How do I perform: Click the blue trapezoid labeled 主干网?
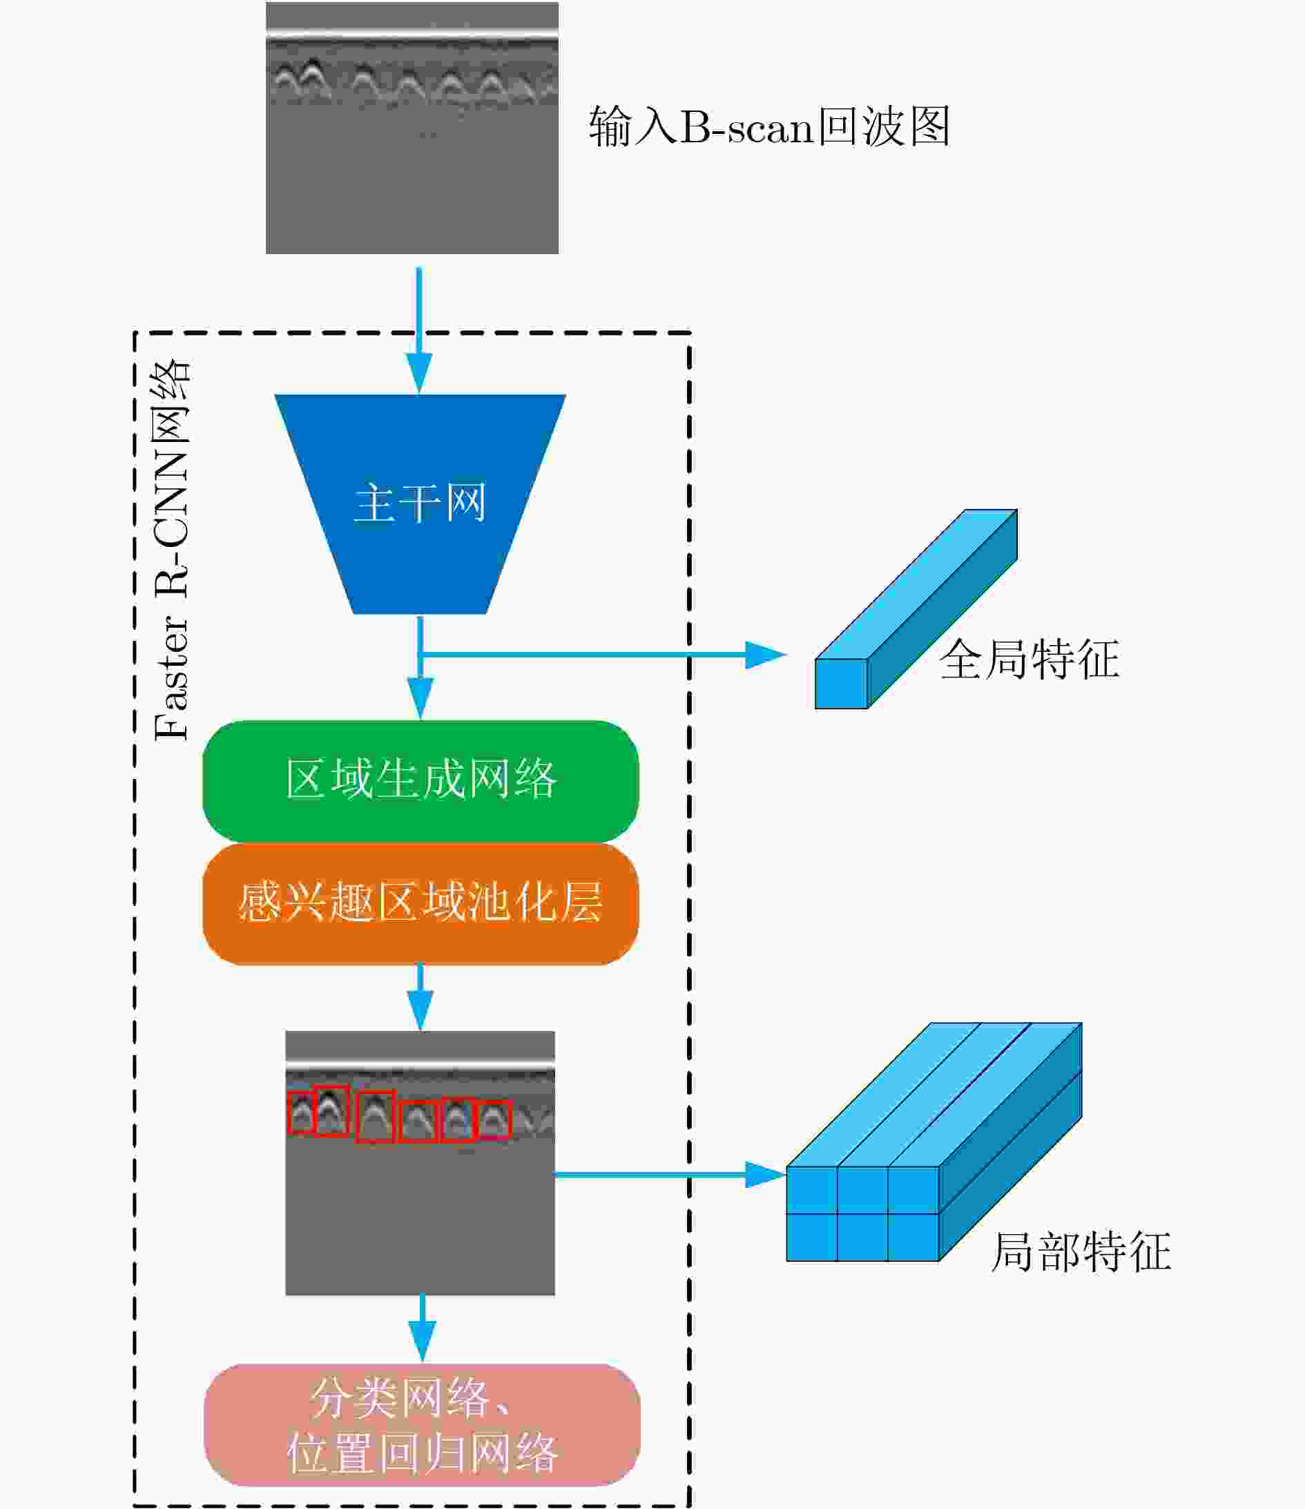click(x=420, y=504)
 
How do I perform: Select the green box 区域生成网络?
click(x=421, y=780)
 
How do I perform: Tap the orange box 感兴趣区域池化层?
click(x=421, y=904)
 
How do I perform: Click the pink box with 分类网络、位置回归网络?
click(x=423, y=1425)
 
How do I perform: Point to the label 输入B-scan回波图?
click(x=770, y=126)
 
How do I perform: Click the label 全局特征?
click(x=1029, y=659)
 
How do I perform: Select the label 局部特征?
click(x=1081, y=1251)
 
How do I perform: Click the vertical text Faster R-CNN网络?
click(x=172, y=550)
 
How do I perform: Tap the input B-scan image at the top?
click(x=412, y=128)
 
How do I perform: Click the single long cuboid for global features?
click(x=916, y=609)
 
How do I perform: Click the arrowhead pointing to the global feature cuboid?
click(x=766, y=655)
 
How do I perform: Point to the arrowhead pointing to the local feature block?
click(x=766, y=1174)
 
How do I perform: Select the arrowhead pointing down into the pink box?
click(x=423, y=1341)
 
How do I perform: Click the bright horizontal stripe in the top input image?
click(x=412, y=34)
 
